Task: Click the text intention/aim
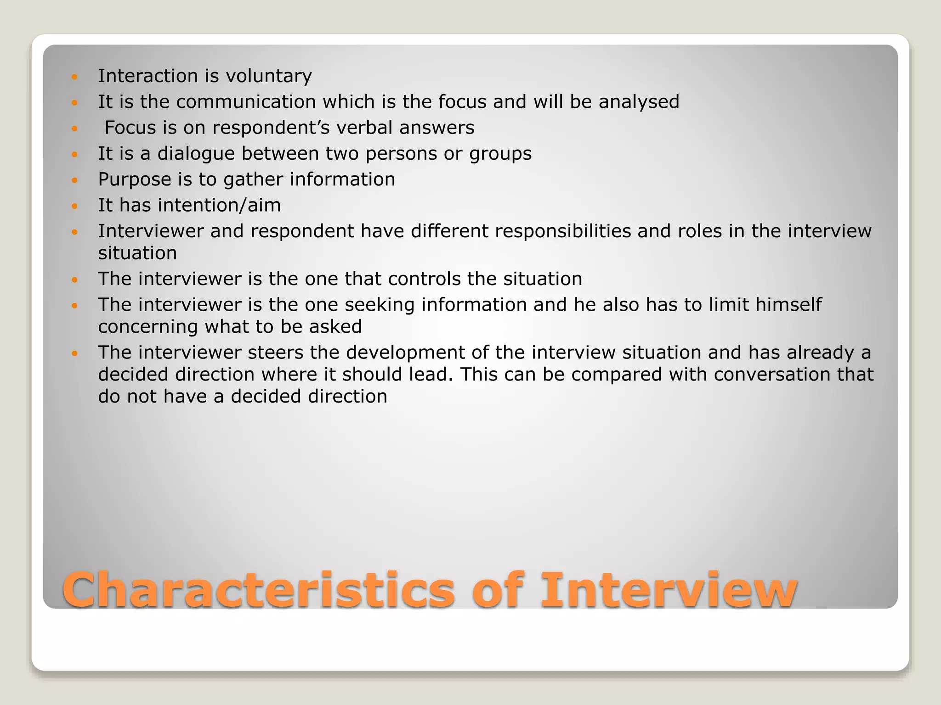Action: click(219, 205)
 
